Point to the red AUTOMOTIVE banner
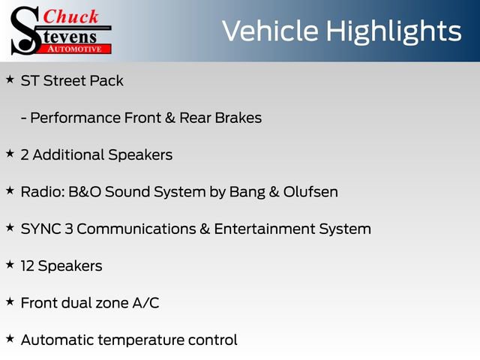[x=76, y=48]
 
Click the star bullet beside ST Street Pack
[x=10, y=79]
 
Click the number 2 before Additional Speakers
[x=25, y=154]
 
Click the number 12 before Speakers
[x=28, y=265]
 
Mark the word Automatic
[x=57, y=340]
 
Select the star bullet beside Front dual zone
[x=10, y=301]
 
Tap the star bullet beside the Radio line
[x=10, y=190]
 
